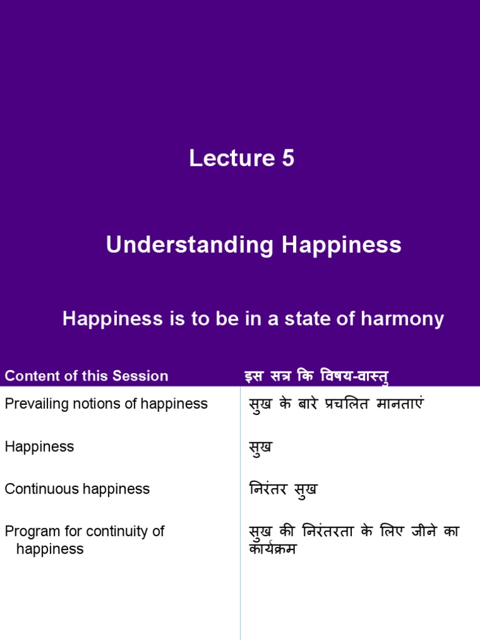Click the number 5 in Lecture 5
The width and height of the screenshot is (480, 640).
point(287,158)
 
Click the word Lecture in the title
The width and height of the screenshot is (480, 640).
point(227,158)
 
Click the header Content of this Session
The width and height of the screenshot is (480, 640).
point(86,376)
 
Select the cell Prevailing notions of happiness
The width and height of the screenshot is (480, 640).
point(106,404)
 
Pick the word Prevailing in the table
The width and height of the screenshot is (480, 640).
point(32,404)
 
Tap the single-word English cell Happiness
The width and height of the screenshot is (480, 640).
point(39,446)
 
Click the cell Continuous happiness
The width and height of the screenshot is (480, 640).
point(77,489)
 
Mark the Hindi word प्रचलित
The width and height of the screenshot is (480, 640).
point(344,404)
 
